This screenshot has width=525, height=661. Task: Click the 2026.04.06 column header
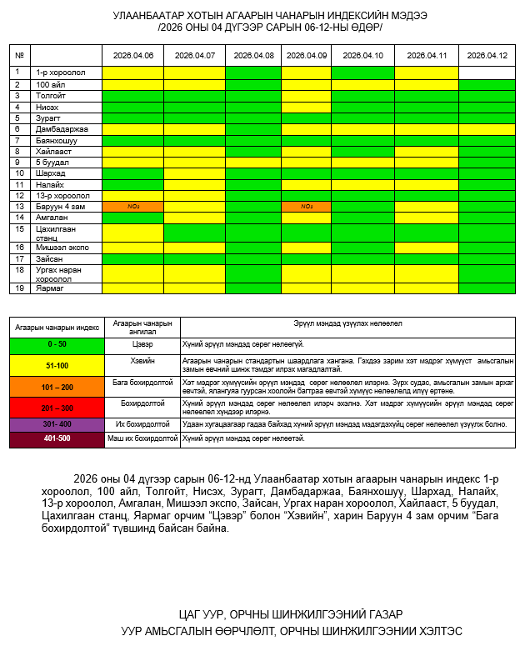point(132,55)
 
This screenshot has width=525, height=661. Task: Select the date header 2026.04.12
point(487,55)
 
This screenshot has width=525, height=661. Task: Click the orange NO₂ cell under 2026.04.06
point(132,206)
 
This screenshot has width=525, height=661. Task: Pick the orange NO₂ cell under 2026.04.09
point(306,206)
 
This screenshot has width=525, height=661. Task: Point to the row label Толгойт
point(51,96)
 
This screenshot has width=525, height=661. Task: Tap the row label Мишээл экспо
point(61,248)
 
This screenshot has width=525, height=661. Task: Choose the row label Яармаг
point(50,288)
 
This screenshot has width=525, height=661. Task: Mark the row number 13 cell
point(19,206)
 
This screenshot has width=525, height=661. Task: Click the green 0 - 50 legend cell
point(57,343)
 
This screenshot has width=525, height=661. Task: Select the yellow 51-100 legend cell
point(57,365)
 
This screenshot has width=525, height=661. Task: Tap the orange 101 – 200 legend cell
point(57,387)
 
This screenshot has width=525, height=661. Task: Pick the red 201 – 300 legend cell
point(57,408)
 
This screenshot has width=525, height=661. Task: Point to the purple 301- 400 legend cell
point(57,424)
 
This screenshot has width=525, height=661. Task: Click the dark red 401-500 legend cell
point(57,438)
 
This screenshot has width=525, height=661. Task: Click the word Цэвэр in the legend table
point(142,343)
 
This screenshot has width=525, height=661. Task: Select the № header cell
point(19,55)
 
